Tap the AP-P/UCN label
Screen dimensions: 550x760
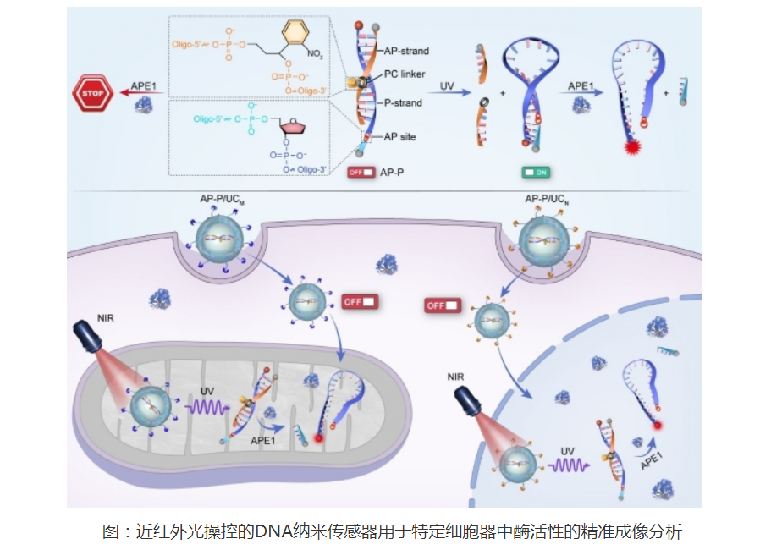click(x=549, y=200)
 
